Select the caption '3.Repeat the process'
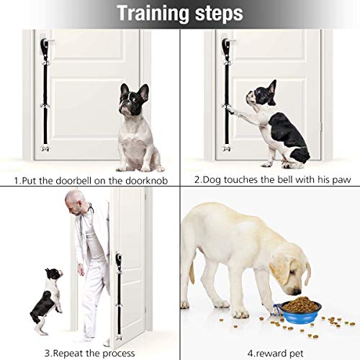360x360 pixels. point(90,351)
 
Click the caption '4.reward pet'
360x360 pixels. point(270,351)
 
